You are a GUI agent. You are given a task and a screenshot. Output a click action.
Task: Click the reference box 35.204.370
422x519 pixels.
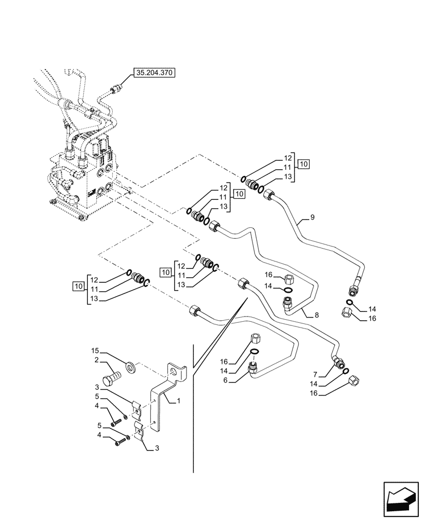pos(154,74)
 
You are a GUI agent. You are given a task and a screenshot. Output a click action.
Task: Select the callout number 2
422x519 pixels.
pos(97,360)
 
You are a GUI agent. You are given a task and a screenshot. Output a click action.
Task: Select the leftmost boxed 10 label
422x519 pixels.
pos(78,286)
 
